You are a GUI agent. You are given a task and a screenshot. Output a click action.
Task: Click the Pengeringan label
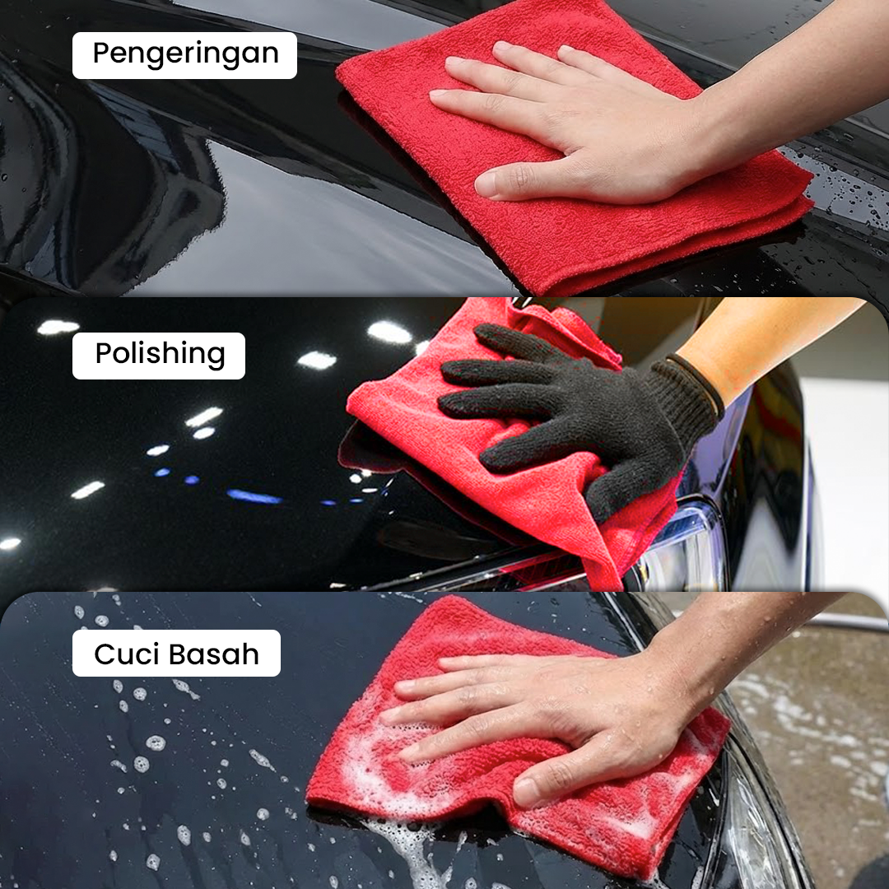pos(184,55)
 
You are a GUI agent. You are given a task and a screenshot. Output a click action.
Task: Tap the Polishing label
pos(159,356)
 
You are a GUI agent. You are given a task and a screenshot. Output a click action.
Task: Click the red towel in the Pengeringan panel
pos(567,170)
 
